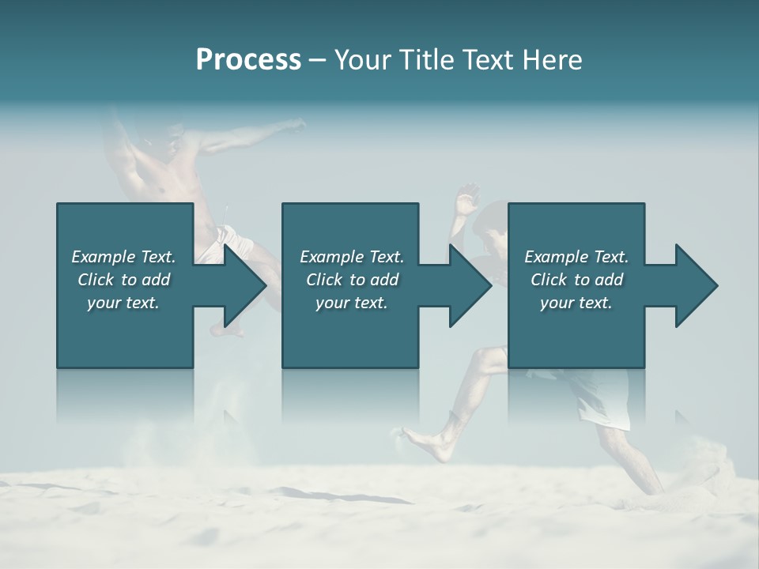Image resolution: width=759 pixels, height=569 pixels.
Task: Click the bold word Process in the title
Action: (248, 60)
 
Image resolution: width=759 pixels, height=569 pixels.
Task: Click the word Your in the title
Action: (361, 60)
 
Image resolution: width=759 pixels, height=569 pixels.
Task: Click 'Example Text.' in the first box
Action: (123, 257)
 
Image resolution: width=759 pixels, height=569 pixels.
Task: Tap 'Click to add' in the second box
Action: (352, 280)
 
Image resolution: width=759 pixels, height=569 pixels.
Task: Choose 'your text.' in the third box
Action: (576, 303)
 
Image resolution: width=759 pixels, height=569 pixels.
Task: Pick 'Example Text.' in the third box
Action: (576, 257)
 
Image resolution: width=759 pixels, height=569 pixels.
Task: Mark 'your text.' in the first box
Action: (123, 303)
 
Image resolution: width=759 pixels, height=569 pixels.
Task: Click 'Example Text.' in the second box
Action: (352, 257)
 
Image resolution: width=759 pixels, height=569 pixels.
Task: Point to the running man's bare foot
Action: (419, 439)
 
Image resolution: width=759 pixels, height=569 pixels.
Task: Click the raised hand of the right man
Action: (467, 194)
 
